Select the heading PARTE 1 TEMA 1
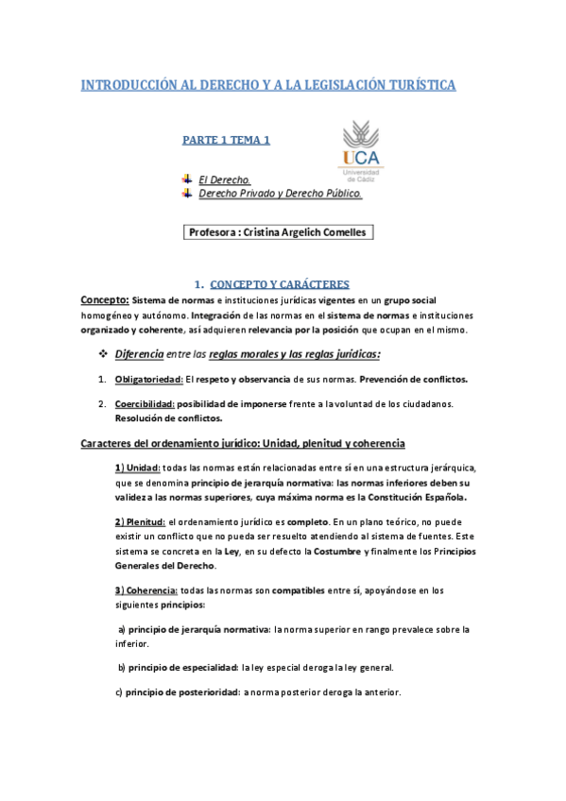click(226, 140)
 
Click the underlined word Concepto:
click(104, 299)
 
